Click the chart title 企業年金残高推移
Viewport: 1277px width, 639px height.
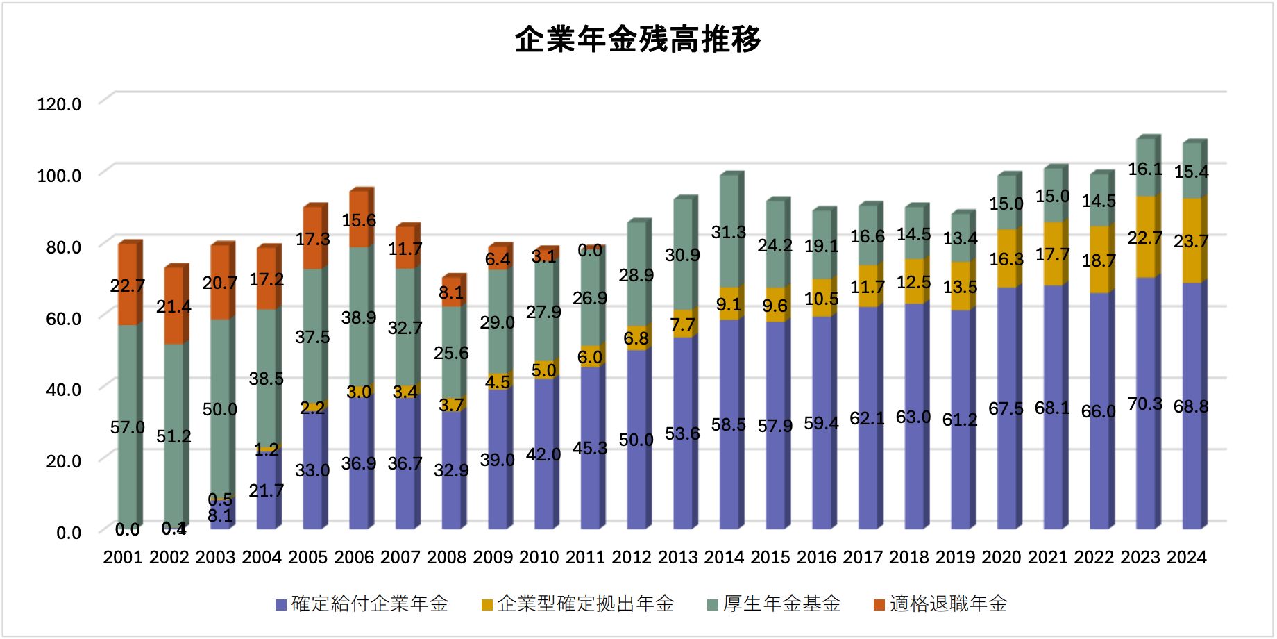pos(638,40)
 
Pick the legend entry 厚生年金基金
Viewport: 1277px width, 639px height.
pos(781,604)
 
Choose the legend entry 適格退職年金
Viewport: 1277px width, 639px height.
pos(948,604)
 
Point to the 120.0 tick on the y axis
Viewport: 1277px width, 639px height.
pos(59,104)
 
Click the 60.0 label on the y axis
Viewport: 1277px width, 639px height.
pos(63,319)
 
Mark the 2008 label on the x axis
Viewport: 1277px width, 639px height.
pos(446,558)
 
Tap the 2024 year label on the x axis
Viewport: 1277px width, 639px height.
pos(1187,558)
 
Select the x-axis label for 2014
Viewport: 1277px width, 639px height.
pos(724,558)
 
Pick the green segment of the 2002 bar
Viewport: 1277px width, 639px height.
pos(174,403)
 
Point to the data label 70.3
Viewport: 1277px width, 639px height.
pos(1144,404)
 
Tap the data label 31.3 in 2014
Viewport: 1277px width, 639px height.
pos(728,232)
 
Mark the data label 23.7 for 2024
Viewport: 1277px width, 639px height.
pos(1191,241)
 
